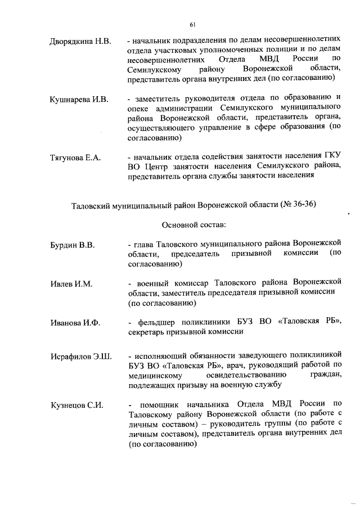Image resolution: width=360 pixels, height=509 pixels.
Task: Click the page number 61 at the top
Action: pos(192,24)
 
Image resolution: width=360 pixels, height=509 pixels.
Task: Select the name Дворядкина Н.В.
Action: pos(81,42)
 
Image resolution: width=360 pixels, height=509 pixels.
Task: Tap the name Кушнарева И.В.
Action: pos(79,100)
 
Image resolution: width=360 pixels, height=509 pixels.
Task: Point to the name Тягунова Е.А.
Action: pos(75,157)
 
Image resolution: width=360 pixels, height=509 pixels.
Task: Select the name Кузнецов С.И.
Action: pos(76,406)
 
